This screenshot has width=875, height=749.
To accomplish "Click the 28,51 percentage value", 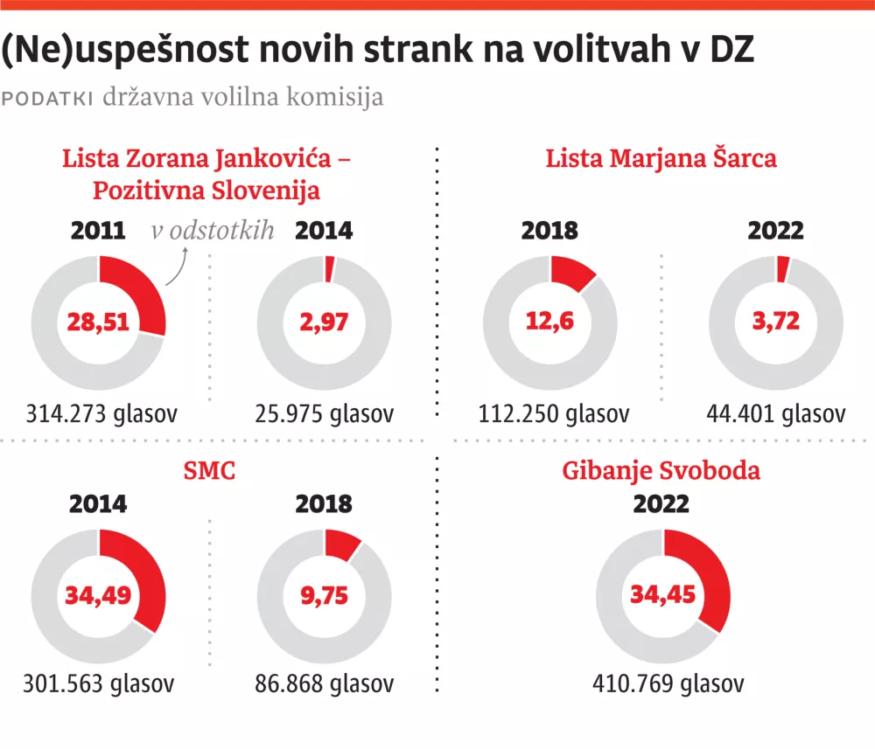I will (x=98, y=322).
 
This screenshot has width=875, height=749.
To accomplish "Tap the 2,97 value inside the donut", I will (x=324, y=322).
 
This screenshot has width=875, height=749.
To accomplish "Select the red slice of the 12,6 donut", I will (x=573, y=271).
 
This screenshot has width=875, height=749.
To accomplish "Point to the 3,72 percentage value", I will (x=776, y=322).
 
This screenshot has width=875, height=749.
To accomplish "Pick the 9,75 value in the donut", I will (x=324, y=596).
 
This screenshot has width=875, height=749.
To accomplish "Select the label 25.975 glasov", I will (x=325, y=413).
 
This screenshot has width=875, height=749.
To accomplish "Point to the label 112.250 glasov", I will (x=554, y=413).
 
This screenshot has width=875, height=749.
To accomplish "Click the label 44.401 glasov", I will (x=777, y=413).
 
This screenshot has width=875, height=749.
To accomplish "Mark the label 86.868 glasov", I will (x=325, y=683).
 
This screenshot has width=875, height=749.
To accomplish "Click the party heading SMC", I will (x=210, y=472).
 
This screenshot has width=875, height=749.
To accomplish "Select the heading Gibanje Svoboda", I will (x=661, y=471).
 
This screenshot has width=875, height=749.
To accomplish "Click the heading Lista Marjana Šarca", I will (x=661, y=159).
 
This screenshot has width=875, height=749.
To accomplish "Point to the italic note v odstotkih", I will (x=213, y=231).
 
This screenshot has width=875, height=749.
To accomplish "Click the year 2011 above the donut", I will (x=98, y=231).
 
